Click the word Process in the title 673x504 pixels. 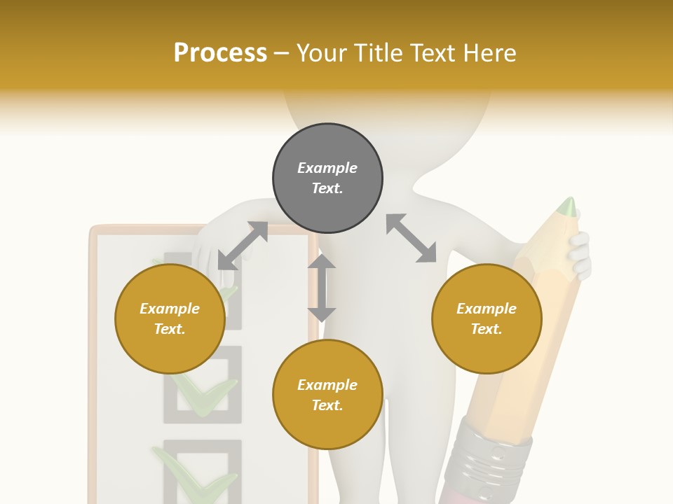pyautogui.click(x=220, y=53)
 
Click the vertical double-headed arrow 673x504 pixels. pyautogui.click(x=322, y=288)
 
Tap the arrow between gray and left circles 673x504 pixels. pyautogui.click(x=243, y=246)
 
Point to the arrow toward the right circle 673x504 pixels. pyautogui.click(x=412, y=238)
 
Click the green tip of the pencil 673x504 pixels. pyautogui.click(x=568, y=206)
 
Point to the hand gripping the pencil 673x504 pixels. pyautogui.click(x=579, y=255)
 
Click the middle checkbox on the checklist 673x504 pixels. pyautogui.click(x=203, y=385)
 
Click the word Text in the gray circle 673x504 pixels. pyautogui.click(x=327, y=188)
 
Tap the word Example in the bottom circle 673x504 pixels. pyautogui.click(x=327, y=385)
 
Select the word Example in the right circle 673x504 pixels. pyautogui.click(x=487, y=309)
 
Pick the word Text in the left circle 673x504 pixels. pyautogui.click(x=170, y=329)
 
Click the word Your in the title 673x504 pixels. pyautogui.click(x=324, y=53)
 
